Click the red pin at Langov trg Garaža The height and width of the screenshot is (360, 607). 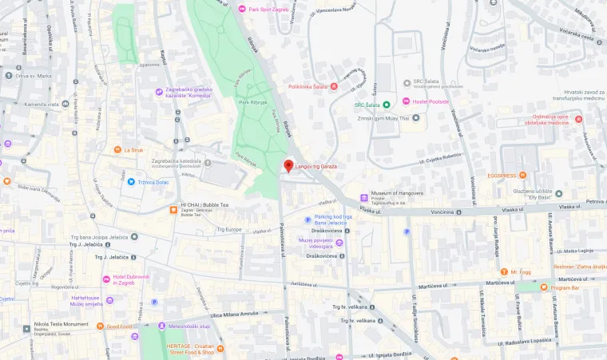point(289,165)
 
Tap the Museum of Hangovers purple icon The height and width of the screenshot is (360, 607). point(364,197)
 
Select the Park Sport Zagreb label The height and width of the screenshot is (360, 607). point(269,9)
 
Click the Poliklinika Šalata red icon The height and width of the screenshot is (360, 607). point(334,86)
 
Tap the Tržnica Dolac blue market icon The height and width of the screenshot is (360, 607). point(131,182)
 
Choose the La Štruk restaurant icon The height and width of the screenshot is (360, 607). point(117,149)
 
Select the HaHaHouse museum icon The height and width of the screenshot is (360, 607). point(109,300)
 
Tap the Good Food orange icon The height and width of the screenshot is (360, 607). point(100,326)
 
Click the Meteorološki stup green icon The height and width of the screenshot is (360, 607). point(161,326)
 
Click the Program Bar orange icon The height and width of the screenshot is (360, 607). point(544,287)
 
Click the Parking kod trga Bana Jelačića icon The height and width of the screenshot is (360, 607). point(307,220)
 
